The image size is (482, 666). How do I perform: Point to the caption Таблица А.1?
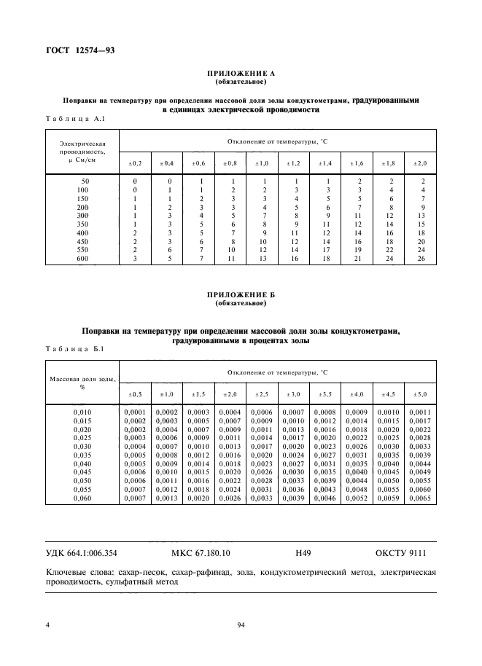(x=76, y=119)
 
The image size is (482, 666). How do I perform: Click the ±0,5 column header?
(x=135, y=394)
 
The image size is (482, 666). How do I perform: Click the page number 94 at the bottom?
(x=241, y=624)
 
